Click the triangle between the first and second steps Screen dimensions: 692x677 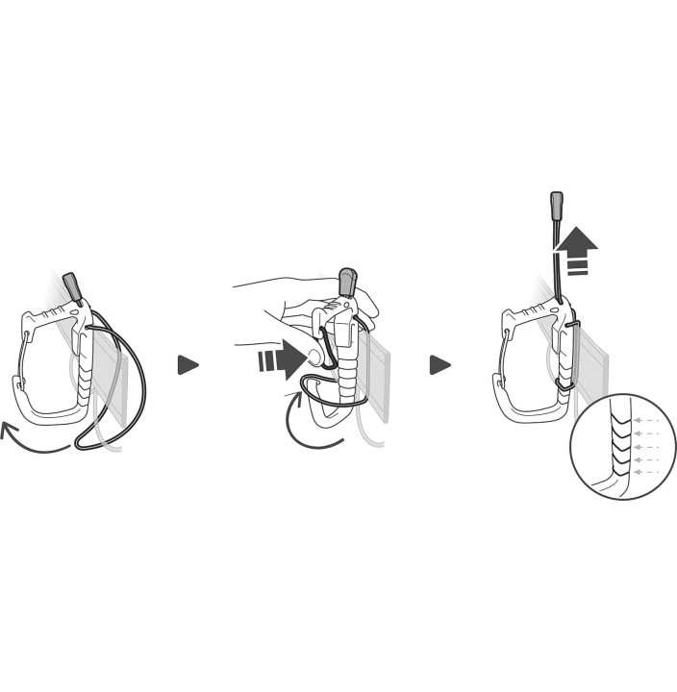click(188, 365)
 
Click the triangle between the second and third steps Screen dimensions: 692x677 click(439, 365)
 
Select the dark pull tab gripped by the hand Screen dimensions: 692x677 click(346, 283)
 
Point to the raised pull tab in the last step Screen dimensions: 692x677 click(556, 206)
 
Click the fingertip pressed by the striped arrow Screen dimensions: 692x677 click(313, 358)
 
